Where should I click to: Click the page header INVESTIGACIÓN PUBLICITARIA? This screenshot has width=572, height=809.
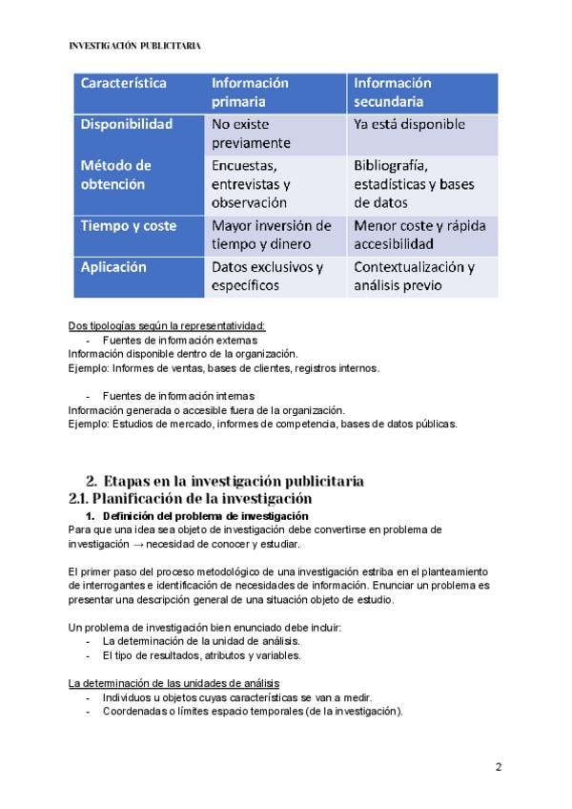coord(135,45)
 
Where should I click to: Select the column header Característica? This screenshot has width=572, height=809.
coord(123,83)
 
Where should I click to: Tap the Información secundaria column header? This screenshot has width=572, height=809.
coord(392,92)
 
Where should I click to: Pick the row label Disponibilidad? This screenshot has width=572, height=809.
coord(126,124)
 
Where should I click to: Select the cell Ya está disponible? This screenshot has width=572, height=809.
coord(409,124)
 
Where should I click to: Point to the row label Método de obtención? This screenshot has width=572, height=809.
coord(115,175)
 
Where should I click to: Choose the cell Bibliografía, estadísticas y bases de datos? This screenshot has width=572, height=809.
coord(414,184)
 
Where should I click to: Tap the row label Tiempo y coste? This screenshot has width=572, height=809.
coord(128,226)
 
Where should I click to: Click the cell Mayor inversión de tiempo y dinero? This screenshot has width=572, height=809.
coord(271,236)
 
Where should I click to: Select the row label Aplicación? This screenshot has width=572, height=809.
coord(113,267)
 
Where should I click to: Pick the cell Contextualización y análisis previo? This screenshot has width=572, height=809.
coord(414,276)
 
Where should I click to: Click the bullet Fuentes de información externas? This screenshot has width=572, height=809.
coord(179,340)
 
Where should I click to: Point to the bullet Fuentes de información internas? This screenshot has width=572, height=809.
coord(178,395)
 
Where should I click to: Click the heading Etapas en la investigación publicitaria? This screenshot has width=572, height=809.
coord(233,481)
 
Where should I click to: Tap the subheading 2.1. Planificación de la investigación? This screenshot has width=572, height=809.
coord(191,498)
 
